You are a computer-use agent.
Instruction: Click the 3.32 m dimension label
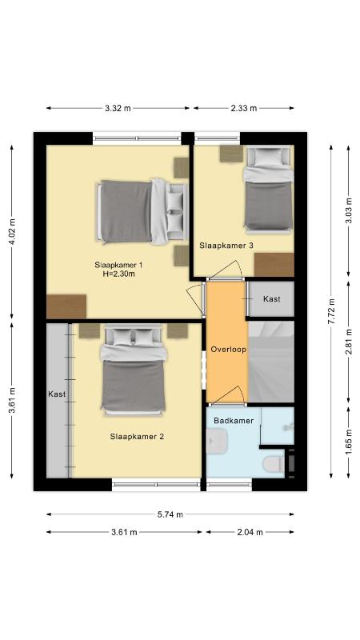coord(118,108)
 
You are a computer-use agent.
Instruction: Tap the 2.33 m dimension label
coord(244,108)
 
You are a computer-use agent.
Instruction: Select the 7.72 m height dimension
coord(334,310)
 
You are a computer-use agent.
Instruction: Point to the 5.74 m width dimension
coord(170,514)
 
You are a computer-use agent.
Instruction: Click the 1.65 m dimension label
coord(349,442)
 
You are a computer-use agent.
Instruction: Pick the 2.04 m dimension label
coord(250,532)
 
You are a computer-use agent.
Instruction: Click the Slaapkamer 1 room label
coord(118,265)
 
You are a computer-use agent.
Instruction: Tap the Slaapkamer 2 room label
coord(137,436)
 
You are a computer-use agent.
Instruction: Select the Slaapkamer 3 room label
coord(226,246)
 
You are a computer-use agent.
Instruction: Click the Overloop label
coord(228,350)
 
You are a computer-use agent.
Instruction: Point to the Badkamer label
coord(234,421)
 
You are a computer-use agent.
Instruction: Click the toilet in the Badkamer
coord(274,464)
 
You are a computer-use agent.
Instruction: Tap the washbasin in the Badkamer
coord(216,441)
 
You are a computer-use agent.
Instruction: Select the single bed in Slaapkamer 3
coord(268,189)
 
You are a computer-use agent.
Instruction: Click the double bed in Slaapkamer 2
coord(134,370)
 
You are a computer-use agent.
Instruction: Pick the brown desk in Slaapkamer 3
coord(274,265)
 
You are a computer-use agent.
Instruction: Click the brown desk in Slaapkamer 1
coord(66,306)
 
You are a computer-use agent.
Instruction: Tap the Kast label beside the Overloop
coord(272,298)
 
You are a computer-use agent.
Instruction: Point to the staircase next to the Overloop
coord(271,362)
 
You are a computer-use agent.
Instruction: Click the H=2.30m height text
coord(118,274)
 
